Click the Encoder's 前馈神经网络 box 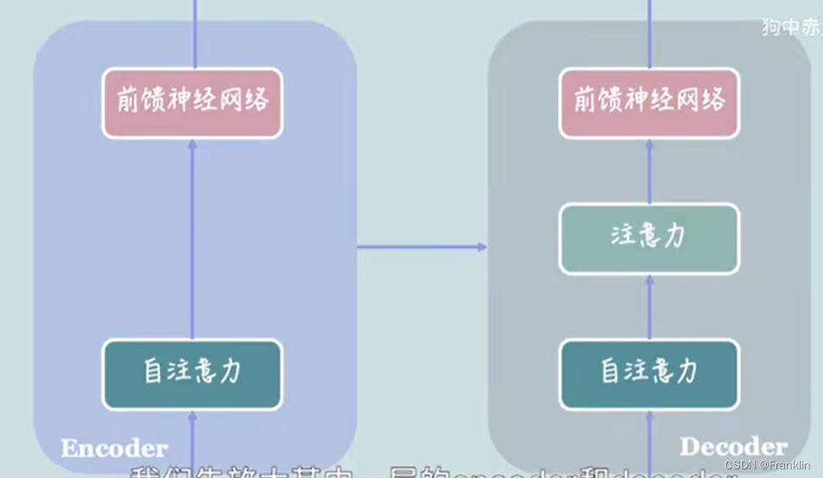point(192,102)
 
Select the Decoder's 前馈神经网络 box point(649,102)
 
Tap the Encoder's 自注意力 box point(192,373)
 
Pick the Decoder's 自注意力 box point(649,373)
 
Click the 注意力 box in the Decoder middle point(649,238)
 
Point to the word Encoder point(113,448)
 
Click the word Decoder point(733,447)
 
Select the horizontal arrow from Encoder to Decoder point(422,247)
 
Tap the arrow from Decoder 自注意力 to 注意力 point(649,307)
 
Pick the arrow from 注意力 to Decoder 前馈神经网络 point(649,171)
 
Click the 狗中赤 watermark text point(792,27)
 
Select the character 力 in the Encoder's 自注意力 point(229,373)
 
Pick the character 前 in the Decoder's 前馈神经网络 point(586,101)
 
